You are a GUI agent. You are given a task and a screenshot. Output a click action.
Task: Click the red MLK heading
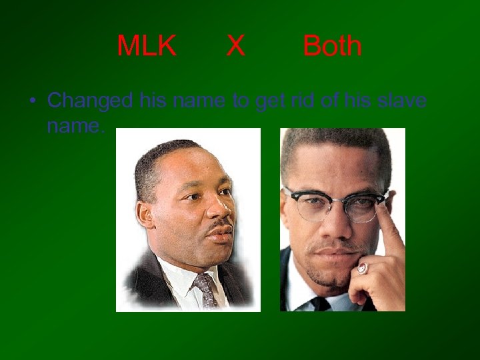click(x=147, y=46)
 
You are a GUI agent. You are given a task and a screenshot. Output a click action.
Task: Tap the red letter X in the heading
click(x=235, y=46)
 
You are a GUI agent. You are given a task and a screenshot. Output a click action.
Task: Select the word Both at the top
click(x=332, y=46)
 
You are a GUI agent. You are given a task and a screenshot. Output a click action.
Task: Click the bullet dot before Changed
click(x=31, y=101)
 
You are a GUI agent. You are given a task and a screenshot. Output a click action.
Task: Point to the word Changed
click(x=91, y=101)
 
